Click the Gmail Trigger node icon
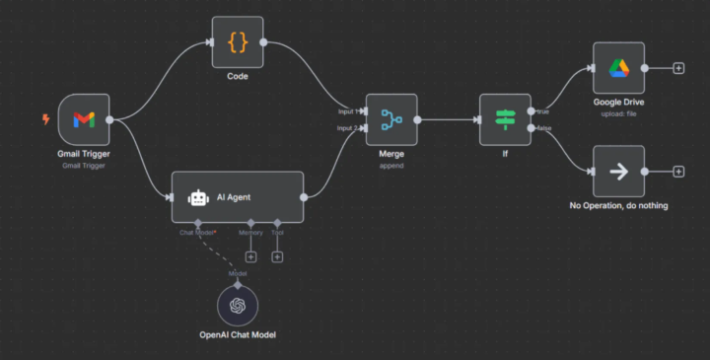click(84, 120)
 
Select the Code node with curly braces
click(238, 42)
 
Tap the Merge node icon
click(391, 120)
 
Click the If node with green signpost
click(505, 120)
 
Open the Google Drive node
click(618, 68)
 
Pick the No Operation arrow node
click(618, 172)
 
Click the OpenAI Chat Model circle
click(238, 306)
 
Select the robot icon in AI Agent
click(198, 197)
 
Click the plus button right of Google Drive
click(678, 68)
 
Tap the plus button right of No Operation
click(678, 172)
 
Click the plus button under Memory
click(250, 257)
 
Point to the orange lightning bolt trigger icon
click(45, 120)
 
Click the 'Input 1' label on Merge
click(348, 111)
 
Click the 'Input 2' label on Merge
click(348, 129)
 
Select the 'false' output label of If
click(543, 128)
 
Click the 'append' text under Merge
click(391, 166)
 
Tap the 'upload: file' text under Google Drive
click(618, 113)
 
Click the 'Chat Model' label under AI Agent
click(197, 233)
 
